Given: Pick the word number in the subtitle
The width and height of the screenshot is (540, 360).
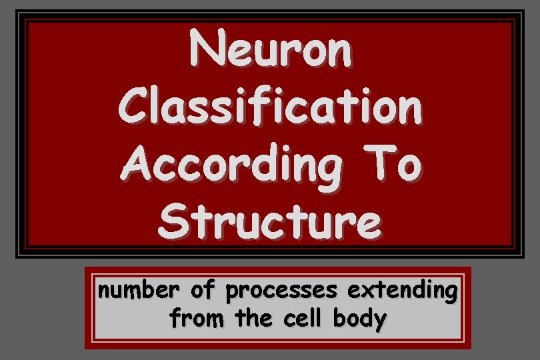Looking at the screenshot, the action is pyautogui.click(x=137, y=291).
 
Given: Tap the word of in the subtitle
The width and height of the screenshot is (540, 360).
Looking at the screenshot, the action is pyautogui.click(x=201, y=291).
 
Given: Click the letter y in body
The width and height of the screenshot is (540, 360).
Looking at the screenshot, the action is pyautogui.click(x=379, y=323).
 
